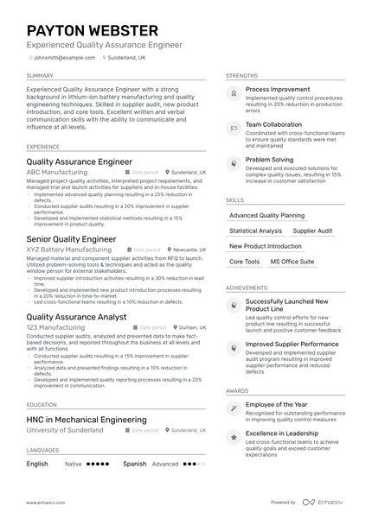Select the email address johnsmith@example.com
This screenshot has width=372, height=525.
pyautogui.click(x=65, y=57)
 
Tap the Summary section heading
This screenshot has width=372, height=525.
pyautogui.click(x=42, y=76)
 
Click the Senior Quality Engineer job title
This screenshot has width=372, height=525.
pyautogui.click(x=71, y=239)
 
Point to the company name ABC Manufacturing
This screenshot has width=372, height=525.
pyautogui.click(x=57, y=173)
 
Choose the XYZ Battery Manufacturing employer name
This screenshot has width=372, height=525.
pyautogui.click(x=69, y=250)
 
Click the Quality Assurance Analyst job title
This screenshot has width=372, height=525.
pyautogui.click(x=78, y=317)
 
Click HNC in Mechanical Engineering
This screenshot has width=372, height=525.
pyautogui.click(x=87, y=420)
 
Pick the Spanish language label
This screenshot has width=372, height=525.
pyautogui.click(x=134, y=464)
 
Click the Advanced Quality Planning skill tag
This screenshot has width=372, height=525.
pyautogui.click(x=266, y=215)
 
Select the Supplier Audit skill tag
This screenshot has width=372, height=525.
pyautogui.click(x=312, y=231)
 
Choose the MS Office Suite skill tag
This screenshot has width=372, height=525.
pyautogui.click(x=292, y=262)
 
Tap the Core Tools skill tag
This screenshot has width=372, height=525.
pyautogui.click(x=245, y=262)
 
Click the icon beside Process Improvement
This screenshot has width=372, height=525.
pyautogui.click(x=233, y=89)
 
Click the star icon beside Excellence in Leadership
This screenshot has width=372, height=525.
pyautogui.click(x=233, y=438)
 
